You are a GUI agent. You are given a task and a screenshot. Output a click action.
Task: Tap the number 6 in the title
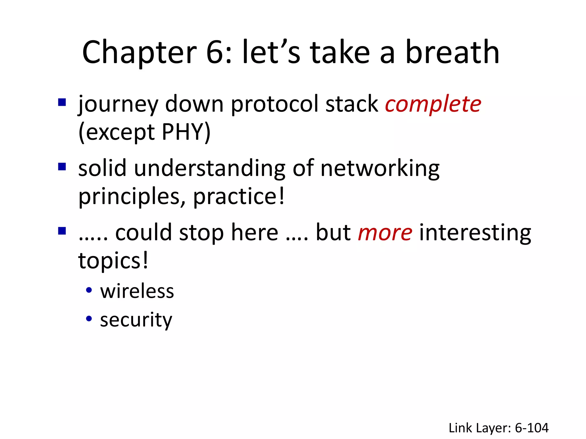(215, 53)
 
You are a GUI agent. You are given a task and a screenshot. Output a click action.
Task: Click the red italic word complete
(433, 104)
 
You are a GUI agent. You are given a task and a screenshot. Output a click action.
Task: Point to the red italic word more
(385, 233)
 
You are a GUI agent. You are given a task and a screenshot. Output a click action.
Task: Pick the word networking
(380, 169)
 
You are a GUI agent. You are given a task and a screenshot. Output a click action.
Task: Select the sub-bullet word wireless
(137, 291)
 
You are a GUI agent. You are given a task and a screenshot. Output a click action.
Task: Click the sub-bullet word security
(136, 320)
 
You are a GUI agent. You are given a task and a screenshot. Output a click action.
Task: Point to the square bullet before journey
(62, 102)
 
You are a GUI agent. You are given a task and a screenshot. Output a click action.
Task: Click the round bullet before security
(89, 318)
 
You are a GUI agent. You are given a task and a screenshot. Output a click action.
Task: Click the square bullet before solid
(62, 167)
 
